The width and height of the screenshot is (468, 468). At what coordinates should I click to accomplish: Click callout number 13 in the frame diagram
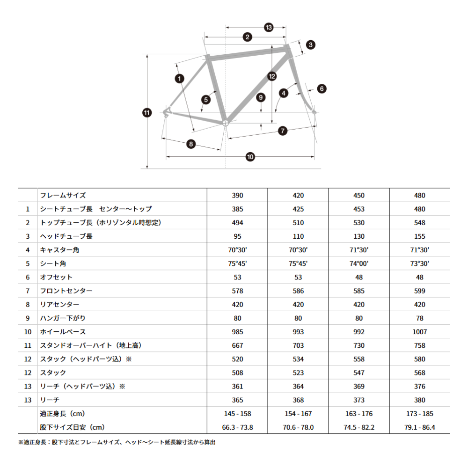tap(268, 28)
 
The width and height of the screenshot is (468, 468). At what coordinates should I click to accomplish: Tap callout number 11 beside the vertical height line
tap(147, 112)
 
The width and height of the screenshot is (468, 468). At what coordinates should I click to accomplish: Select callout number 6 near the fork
tap(321, 88)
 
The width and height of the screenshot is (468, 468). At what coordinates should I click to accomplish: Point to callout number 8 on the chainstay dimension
tap(190, 144)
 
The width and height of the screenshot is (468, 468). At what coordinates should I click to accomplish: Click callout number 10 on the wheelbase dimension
tap(250, 156)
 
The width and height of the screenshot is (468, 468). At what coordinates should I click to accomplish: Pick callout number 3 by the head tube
tap(311, 45)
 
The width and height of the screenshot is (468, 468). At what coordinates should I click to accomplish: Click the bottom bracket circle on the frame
tap(225, 123)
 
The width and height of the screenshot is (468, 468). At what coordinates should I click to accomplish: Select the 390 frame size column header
tap(237, 196)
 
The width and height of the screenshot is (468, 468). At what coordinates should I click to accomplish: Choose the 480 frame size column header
tap(419, 196)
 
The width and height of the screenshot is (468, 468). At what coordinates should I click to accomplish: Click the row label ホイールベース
tap(63, 332)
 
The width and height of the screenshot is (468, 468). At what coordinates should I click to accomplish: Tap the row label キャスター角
tap(60, 250)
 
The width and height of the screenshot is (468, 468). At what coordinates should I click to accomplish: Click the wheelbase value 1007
tap(419, 332)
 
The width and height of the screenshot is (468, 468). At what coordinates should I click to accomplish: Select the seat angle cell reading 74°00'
tap(359, 263)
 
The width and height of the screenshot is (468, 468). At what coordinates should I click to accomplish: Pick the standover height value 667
tap(237, 345)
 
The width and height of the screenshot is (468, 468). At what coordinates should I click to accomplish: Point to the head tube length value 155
tap(419, 236)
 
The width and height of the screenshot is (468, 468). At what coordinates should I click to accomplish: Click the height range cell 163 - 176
tap(359, 414)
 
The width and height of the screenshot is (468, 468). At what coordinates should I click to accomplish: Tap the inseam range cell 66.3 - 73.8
tap(237, 427)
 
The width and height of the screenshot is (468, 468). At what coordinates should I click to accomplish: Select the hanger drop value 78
tap(419, 318)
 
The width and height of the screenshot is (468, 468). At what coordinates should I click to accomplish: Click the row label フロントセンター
tap(66, 291)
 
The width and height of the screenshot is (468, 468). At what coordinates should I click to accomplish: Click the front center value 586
tap(298, 291)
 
